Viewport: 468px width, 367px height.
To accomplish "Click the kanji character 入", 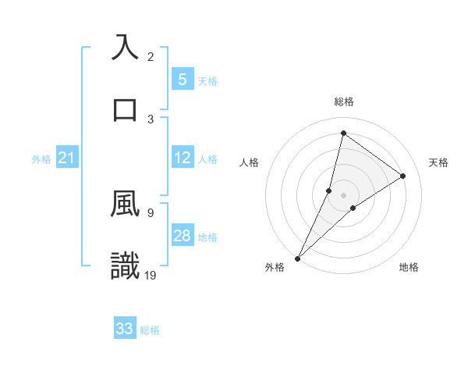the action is point(125,47).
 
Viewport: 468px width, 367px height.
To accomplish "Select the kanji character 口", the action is point(125,109).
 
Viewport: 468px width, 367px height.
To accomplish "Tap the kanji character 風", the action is point(125,204).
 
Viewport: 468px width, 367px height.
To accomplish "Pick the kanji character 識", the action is point(125,265).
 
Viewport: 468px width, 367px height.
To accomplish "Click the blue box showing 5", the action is point(182,79).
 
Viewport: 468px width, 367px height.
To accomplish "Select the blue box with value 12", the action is point(182,158).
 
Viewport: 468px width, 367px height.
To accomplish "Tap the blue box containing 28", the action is point(182,236).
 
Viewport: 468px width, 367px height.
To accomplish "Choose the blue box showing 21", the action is point(66,158).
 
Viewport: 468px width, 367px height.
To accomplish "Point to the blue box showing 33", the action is point(124,329).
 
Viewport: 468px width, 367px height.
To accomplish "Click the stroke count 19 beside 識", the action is point(151,275).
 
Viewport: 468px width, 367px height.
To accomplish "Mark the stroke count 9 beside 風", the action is point(151,212).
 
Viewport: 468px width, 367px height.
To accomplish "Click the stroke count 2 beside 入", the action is point(151,56).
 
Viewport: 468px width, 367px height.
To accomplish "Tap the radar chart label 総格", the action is point(343,102).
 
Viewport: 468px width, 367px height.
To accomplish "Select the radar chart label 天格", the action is point(438,162).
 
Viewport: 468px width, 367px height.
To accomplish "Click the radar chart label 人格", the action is point(249,162).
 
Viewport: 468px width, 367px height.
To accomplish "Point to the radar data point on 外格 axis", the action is point(297,258).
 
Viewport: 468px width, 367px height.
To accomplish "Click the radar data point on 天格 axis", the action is point(403,176).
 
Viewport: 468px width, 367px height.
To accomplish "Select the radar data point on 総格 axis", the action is point(343,133).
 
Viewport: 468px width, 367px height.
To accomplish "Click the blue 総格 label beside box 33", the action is point(150,330).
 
